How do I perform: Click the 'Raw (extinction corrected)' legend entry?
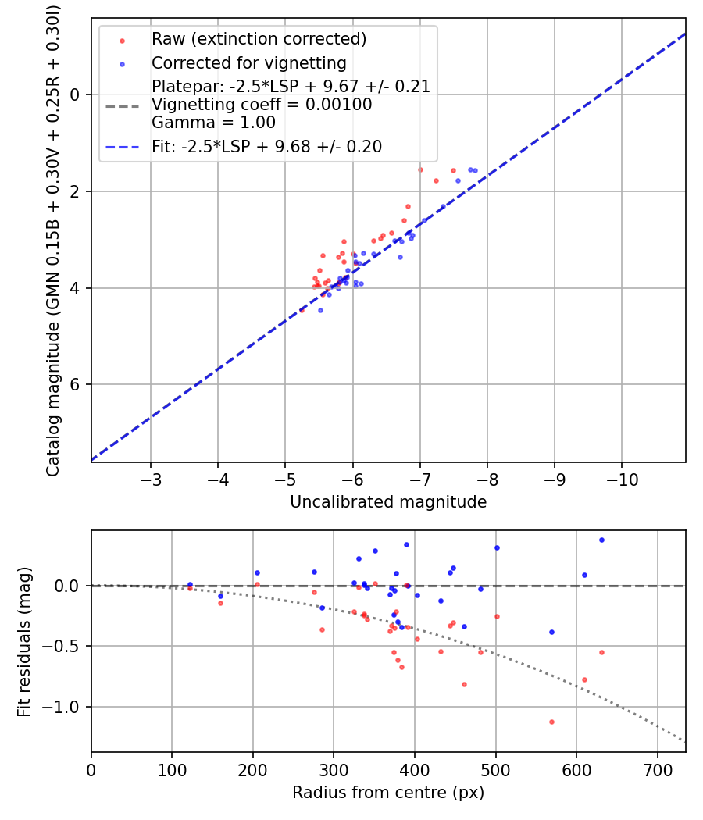(259, 39)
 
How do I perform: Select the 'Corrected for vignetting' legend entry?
(248, 62)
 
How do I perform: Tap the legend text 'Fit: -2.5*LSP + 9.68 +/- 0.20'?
(266, 147)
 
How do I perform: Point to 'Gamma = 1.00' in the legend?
(213, 122)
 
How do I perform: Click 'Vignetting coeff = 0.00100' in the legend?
(262, 105)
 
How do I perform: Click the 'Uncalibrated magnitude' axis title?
(388, 502)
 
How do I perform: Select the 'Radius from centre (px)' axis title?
(388, 793)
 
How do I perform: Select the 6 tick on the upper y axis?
(76, 384)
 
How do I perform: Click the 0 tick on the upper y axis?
(76, 94)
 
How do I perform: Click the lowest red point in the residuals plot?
(551, 722)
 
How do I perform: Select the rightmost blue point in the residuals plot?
(601, 540)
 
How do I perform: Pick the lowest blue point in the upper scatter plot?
(320, 310)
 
